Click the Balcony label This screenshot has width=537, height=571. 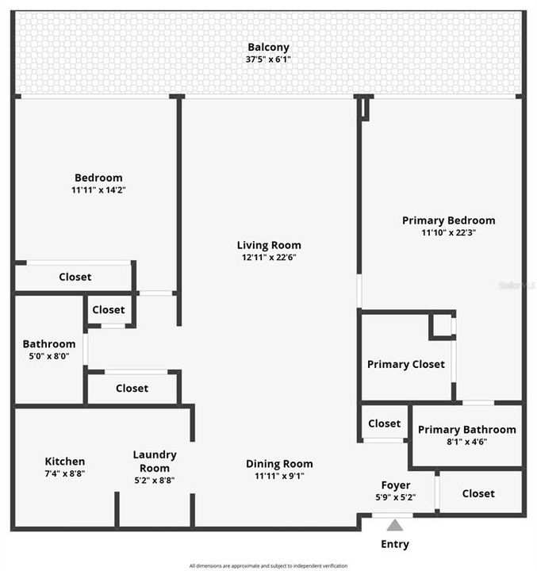(x=268, y=47)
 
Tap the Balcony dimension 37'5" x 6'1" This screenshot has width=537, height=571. (x=268, y=59)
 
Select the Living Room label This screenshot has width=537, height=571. (x=269, y=245)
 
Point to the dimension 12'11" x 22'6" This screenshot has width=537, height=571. (x=269, y=257)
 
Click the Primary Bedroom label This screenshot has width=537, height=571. (x=448, y=220)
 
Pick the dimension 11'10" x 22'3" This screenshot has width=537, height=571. (x=448, y=232)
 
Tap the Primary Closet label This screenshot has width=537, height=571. (x=405, y=364)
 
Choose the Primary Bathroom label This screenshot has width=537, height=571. (x=466, y=430)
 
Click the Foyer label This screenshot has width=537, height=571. (x=395, y=485)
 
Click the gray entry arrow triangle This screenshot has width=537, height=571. (x=395, y=524)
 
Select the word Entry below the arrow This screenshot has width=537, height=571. (x=395, y=544)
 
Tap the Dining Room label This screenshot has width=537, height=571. (x=279, y=464)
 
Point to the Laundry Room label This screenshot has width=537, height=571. (x=155, y=461)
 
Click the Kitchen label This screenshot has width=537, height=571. (x=65, y=462)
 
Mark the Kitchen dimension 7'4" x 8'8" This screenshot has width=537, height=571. (x=65, y=473)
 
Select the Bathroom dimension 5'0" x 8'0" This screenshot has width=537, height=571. (x=49, y=356)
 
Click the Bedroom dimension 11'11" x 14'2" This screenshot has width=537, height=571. (x=98, y=190)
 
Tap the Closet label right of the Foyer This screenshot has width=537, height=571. (x=478, y=493)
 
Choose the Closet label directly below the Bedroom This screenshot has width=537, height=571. (x=75, y=277)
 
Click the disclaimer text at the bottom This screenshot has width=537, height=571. (x=268, y=565)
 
